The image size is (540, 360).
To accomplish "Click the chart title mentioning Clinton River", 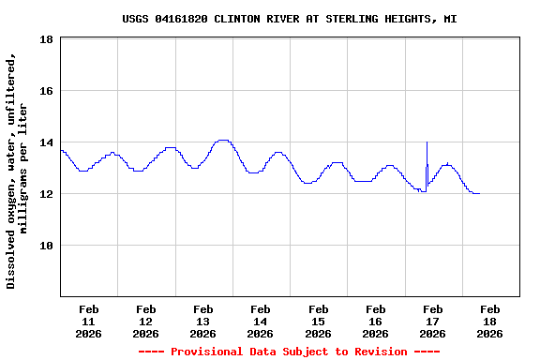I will tap(290, 19).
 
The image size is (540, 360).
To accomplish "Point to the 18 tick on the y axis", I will tap(46, 39).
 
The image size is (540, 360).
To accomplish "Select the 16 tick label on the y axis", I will tap(46, 91).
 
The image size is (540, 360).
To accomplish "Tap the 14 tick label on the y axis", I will tap(46, 142).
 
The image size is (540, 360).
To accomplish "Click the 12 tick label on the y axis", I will tap(46, 194).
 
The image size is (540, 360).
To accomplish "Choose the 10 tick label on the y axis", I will tap(46, 246).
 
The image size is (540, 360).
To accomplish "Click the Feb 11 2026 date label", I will tap(89, 321).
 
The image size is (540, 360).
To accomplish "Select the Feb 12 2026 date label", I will tap(146, 321).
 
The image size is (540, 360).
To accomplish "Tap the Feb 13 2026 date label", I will tap(203, 321).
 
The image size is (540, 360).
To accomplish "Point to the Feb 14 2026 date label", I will tap(261, 321).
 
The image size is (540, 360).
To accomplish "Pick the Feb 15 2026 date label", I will tap(319, 321).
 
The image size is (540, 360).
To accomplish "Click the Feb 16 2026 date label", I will tap(376, 321).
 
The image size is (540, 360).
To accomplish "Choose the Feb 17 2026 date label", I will tap(433, 321).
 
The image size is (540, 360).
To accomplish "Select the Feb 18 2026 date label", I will tap(490, 321).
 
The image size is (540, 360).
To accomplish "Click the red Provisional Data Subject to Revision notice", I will tap(289, 352).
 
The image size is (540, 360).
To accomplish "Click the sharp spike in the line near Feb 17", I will tap(427, 143).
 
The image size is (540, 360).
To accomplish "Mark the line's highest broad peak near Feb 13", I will tap(223, 140).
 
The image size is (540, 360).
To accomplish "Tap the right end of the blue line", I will tap(479, 193).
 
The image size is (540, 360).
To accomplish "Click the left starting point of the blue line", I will tap(61, 150).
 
